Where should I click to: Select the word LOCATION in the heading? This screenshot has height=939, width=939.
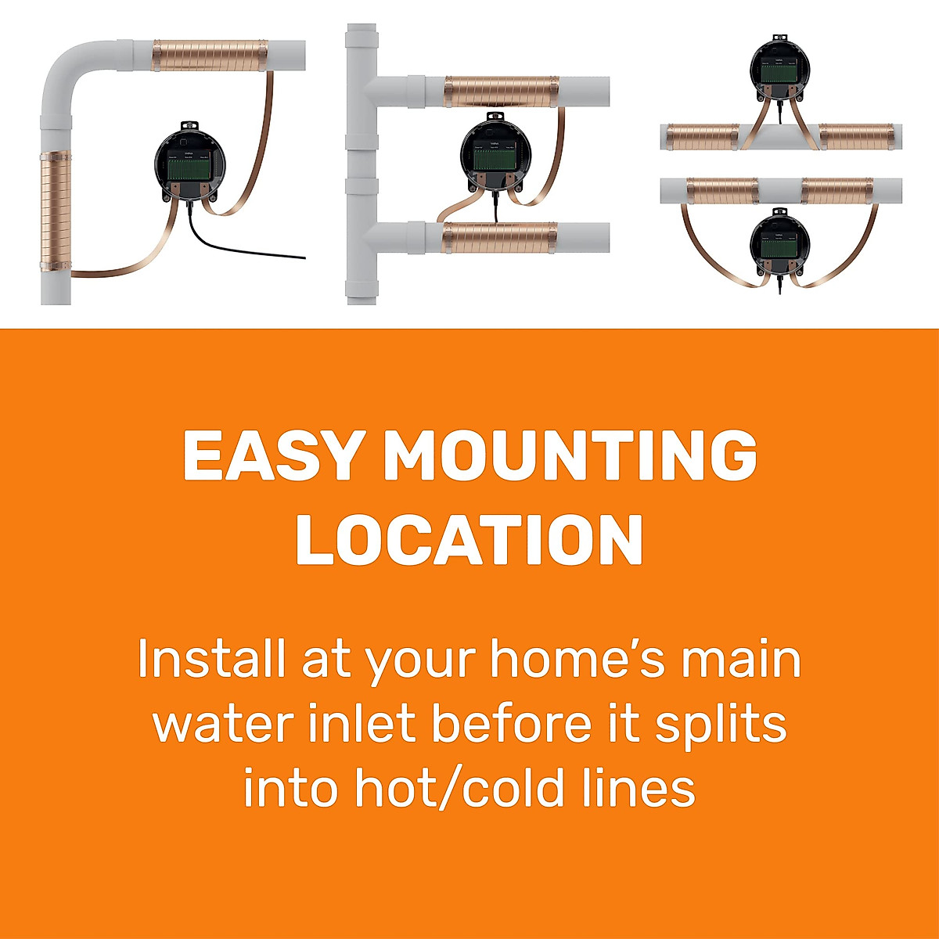[x=469, y=541]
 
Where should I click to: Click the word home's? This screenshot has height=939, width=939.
[x=577, y=659]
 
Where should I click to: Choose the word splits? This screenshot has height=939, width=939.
[x=721, y=724]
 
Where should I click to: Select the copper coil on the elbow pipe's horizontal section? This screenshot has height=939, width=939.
[x=210, y=56]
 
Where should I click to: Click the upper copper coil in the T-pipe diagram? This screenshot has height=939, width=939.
[x=501, y=92]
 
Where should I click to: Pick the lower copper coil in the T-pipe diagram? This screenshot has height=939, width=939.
[x=501, y=237]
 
